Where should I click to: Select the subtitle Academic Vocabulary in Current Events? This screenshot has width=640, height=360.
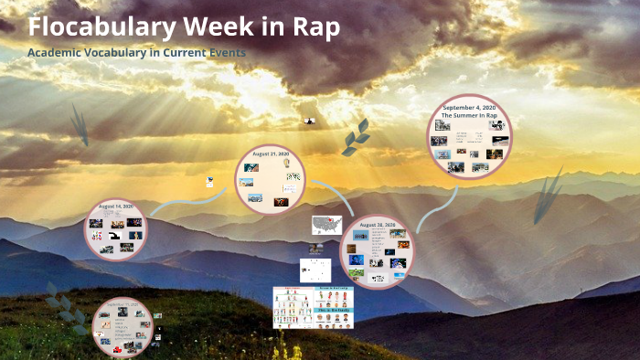136,52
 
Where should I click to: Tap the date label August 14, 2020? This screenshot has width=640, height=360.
115,206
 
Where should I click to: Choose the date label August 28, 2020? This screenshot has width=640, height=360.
377,225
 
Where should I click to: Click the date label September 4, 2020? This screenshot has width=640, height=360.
469,108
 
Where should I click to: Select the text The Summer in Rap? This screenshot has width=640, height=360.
469,117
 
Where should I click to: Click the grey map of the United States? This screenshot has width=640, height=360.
326,224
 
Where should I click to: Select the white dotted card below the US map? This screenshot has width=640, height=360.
315,270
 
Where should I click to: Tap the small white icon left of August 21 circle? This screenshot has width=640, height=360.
210,181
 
